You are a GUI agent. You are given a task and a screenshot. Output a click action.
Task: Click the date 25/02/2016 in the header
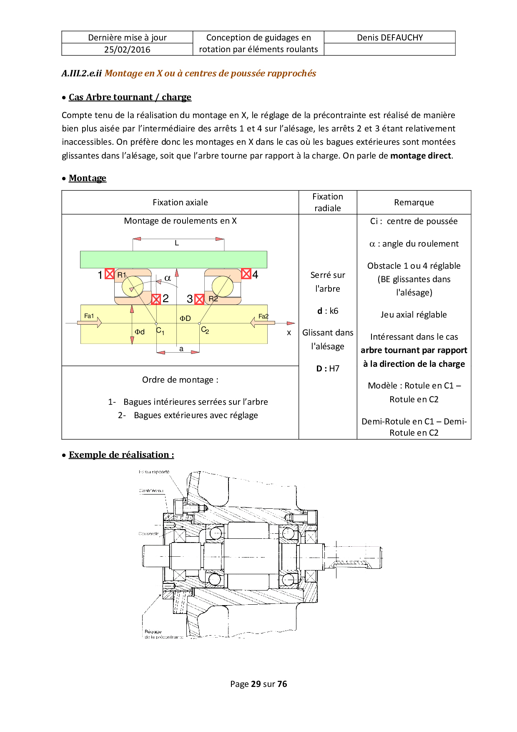(127, 50)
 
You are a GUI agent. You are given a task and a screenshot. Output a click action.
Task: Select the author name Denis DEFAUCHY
(390, 38)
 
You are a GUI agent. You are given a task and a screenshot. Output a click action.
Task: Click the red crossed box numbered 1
(110, 274)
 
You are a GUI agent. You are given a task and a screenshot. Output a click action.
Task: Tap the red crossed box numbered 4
(246, 274)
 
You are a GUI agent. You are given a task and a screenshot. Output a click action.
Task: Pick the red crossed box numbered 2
(156, 299)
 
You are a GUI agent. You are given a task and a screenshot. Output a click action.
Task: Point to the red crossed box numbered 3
(199, 299)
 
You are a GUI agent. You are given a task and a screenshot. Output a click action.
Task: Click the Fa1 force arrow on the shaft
(90, 322)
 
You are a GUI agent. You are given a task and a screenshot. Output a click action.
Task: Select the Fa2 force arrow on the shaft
(262, 322)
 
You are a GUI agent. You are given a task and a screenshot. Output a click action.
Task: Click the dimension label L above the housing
(177, 243)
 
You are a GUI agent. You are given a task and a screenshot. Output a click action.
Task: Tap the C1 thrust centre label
(160, 331)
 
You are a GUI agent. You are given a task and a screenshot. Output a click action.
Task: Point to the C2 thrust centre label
(205, 330)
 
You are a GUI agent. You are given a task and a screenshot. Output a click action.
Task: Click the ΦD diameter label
(185, 318)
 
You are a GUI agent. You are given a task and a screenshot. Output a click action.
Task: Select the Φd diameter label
(140, 332)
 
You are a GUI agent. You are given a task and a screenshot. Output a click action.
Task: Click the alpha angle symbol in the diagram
(168, 278)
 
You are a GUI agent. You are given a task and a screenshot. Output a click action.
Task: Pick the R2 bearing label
(213, 299)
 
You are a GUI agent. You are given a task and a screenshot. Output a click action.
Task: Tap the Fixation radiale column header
(328, 202)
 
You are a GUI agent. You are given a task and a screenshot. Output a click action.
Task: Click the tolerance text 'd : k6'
(328, 311)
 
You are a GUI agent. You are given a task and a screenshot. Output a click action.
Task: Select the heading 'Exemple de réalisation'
(121, 455)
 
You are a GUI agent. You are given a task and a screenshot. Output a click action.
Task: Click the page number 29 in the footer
(256, 684)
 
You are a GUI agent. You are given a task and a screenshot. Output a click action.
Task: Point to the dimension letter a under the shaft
(181, 349)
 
